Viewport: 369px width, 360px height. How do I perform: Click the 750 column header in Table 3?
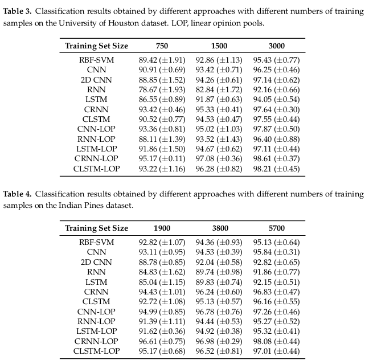162,46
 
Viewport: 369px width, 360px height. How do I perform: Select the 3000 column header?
277,46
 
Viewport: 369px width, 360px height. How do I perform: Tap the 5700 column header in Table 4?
277,228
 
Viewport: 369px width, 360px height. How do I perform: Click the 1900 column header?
162,228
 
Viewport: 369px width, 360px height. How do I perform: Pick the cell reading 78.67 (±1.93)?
162,89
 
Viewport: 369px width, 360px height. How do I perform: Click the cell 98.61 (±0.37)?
277,159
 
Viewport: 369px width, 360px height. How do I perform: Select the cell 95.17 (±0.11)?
162,159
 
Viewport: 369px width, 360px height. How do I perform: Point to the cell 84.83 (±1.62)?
162,272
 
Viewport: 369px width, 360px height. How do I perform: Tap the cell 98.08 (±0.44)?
277,341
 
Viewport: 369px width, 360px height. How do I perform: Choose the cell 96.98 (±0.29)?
219,341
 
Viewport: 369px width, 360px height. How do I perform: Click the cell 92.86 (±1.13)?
219,60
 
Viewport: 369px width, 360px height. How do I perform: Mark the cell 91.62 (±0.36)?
162,331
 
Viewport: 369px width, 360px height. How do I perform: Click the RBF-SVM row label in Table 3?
96,60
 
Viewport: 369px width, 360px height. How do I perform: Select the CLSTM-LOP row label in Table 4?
96,351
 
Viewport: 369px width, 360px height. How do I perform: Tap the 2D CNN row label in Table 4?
96,262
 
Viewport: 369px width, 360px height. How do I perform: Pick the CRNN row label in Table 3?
96,109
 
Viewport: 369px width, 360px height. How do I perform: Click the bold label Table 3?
17,11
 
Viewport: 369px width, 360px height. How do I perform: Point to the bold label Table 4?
17,194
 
